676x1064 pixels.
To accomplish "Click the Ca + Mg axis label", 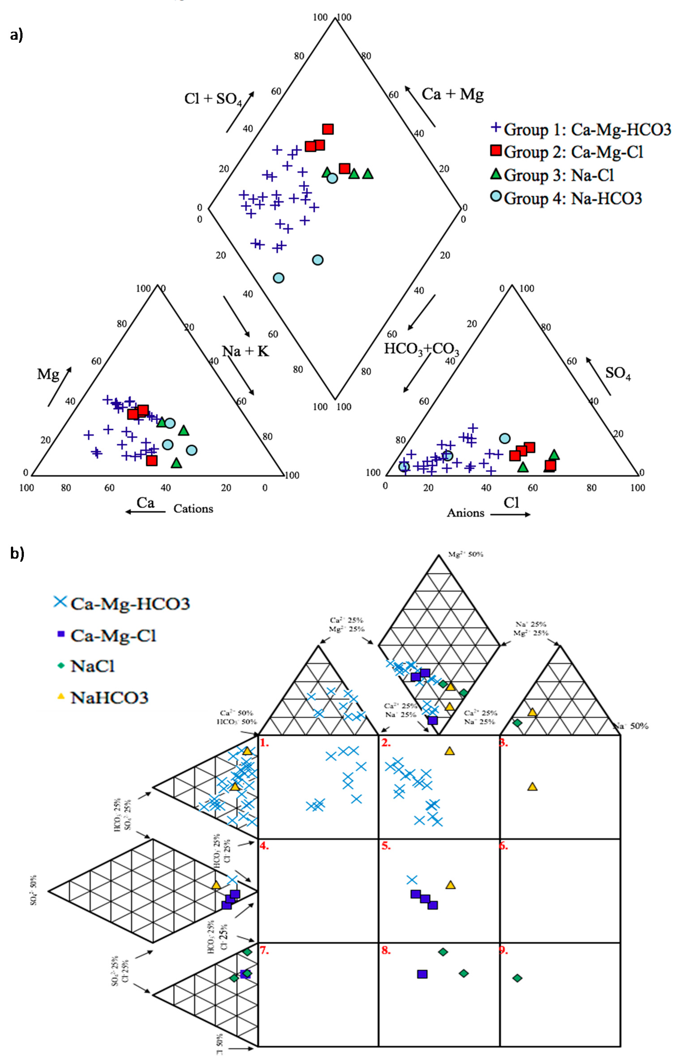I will [452, 94].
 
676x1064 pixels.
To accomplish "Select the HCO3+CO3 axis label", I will [421, 349].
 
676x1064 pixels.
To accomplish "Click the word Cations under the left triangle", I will [193, 509].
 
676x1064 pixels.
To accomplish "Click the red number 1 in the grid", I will [264, 743].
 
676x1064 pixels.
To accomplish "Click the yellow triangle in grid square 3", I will [532, 787].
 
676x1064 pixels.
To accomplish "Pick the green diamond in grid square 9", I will [517, 978].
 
